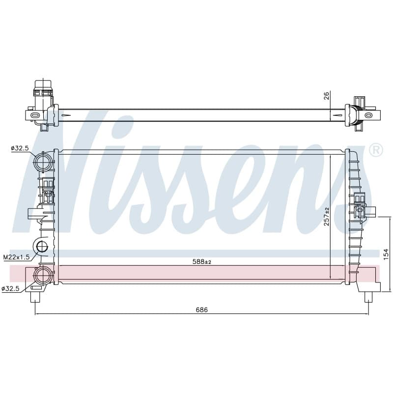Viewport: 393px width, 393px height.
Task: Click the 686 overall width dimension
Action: click(202, 310)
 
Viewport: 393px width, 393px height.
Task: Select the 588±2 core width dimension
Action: click(202, 262)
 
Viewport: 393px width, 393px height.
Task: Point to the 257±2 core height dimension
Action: click(327, 217)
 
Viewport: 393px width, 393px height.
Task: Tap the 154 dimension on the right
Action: click(386, 254)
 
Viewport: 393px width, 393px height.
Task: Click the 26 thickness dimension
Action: click(326, 96)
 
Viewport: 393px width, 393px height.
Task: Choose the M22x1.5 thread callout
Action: click(16, 257)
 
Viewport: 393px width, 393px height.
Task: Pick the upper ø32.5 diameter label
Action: click(20, 148)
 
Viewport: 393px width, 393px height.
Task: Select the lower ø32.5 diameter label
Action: click(10, 289)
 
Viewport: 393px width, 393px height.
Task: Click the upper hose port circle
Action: click(43, 162)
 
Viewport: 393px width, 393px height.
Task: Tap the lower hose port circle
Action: click(43, 276)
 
